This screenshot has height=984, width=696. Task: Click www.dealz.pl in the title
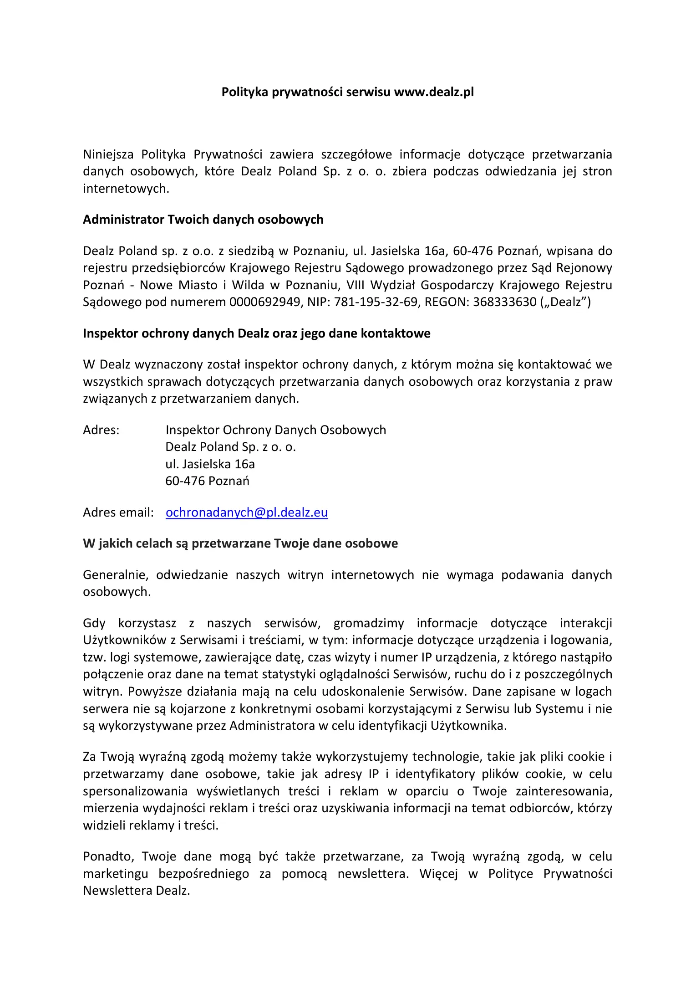tap(434, 92)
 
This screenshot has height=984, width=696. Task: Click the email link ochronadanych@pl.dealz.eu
tap(246, 512)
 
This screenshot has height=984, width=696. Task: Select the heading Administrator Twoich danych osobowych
tap(203, 220)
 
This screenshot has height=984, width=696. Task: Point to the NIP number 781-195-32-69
tap(376, 302)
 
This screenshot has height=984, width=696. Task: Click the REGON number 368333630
tap(504, 302)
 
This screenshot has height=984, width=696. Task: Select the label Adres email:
tap(118, 512)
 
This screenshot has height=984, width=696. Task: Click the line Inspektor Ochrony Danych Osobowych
tap(275, 430)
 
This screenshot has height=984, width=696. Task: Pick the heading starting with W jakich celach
tap(240, 543)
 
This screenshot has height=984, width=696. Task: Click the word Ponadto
tap(108, 856)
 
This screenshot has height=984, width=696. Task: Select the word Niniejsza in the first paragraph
tap(108, 154)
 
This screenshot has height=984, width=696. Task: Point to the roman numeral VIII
tap(355, 285)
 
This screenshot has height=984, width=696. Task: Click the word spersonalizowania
tap(135, 791)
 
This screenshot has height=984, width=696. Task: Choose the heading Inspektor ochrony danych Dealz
tap(256, 333)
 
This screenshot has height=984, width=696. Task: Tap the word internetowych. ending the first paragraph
tap(126, 189)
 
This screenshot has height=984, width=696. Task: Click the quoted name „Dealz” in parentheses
tap(565, 302)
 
